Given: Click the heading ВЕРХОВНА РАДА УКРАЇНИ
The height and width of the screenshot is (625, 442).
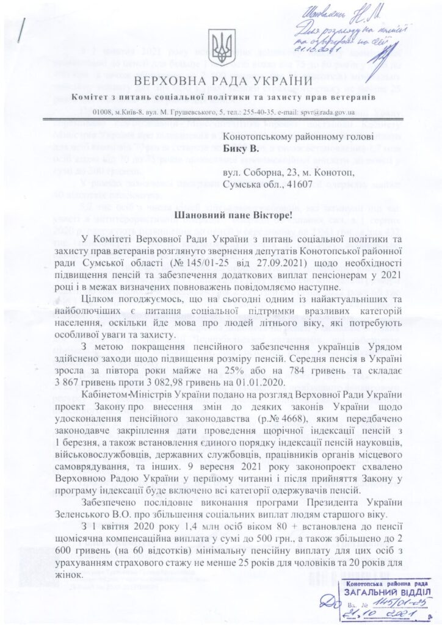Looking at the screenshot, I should click(x=220, y=81).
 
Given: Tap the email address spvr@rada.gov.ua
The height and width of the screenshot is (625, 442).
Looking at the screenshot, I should click(x=323, y=112).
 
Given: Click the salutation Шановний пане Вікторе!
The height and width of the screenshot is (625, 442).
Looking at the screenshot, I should click(x=220, y=217).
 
